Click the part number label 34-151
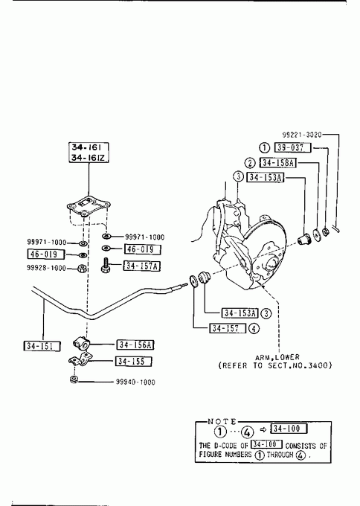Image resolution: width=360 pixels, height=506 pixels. tap(42, 346)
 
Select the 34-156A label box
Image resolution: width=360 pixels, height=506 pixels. tap(135, 345)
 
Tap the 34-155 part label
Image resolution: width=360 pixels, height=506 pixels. tap(134, 361)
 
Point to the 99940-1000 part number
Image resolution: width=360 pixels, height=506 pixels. tap(135, 382)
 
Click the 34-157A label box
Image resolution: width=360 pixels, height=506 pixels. tap(141, 266)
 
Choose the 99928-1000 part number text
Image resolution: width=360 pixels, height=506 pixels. tap(46, 268)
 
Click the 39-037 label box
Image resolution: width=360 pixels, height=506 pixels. tap(292, 147)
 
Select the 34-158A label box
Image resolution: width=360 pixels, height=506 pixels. tap(277, 163)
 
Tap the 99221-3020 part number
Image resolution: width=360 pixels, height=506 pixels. tap(302, 135)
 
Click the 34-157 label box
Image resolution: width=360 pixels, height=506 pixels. tap(228, 328)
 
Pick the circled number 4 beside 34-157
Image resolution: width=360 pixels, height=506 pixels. tap(254, 328)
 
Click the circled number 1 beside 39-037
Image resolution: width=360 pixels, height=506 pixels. tap(264, 148)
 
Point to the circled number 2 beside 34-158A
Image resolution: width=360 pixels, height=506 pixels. tap(250, 163)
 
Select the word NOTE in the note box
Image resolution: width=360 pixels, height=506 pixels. tap(222, 421)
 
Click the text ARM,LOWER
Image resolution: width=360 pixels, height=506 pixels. tap(277, 357)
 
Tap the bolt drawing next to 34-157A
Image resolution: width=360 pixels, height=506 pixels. tap(105, 265)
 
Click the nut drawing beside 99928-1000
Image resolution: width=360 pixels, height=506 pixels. tap(81, 268)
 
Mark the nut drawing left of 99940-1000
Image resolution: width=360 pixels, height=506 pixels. tap(74, 379)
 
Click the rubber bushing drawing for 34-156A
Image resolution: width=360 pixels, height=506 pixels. tap(81, 343)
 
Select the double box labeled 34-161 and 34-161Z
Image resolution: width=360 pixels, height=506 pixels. tap(89, 153)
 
